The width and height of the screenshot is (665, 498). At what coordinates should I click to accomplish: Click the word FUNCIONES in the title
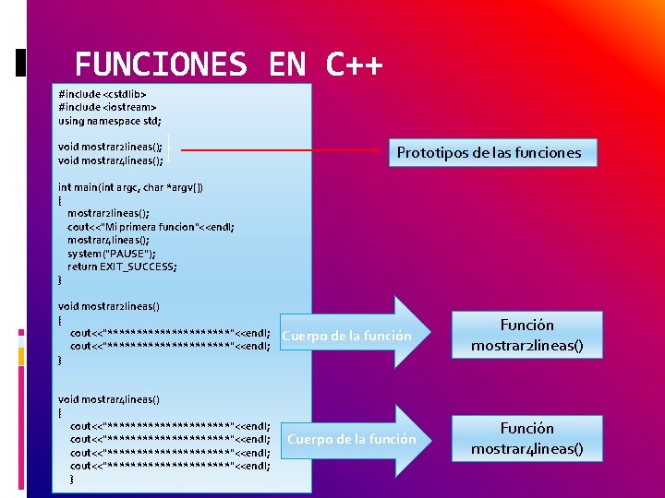coord(161,65)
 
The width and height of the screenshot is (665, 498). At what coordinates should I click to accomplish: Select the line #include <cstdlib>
coord(103,93)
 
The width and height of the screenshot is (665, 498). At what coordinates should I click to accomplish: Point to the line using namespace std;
coord(110,120)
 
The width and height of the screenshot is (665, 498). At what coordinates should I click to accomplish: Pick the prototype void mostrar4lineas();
coord(111,160)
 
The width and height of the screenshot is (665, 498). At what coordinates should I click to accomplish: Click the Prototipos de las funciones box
coord(490,152)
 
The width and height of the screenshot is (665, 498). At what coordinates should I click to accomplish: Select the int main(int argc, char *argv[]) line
coord(131,187)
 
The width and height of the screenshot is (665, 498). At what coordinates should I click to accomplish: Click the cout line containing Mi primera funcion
coord(150,227)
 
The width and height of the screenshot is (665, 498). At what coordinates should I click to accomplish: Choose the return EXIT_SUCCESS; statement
coord(122,267)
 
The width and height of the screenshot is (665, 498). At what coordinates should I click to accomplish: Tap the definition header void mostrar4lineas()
coord(109,399)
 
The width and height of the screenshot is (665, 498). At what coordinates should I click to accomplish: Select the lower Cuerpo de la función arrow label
coord(352,439)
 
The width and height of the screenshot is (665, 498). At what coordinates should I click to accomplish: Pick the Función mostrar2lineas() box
coord(527,336)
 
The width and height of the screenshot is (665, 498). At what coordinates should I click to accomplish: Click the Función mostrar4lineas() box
coord(527,439)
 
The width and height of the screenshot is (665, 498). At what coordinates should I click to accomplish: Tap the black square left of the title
coord(21,63)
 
